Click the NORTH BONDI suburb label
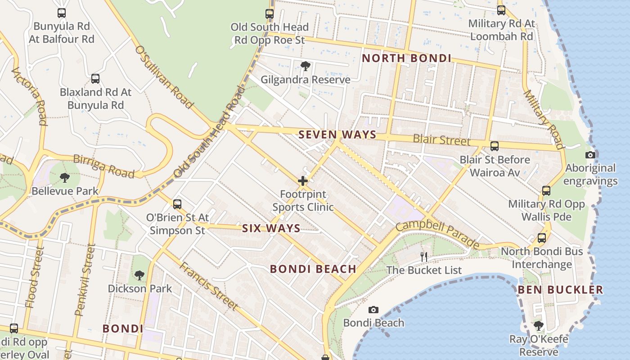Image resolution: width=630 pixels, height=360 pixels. (406, 58)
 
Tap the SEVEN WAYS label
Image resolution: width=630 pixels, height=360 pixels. (337, 135)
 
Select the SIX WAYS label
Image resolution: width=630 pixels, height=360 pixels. (271, 228)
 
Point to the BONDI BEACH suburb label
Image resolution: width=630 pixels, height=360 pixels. (313, 269)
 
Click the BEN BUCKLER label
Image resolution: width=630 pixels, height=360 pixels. (560, 290)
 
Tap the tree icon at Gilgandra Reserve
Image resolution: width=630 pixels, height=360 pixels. (306, 67)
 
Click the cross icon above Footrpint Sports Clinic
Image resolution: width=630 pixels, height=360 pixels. (303, 181)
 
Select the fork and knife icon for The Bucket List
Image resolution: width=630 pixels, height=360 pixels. (423, 257)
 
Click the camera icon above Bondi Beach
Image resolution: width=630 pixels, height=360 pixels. (373, 310)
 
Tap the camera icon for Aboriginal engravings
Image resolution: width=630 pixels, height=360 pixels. (590, 155)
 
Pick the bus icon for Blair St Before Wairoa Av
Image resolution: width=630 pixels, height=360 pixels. (494, 146)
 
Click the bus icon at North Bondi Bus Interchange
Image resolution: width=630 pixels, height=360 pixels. (542, 238)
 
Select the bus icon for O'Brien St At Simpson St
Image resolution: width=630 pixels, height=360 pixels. (177, 204)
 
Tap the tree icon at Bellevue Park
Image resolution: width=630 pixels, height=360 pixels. (65, 178)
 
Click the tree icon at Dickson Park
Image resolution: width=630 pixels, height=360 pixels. (139, 275)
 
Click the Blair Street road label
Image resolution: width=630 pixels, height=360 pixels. (441, 140)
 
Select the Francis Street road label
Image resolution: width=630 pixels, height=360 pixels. (208, 285)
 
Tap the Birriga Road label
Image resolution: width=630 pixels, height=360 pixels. (103, 166)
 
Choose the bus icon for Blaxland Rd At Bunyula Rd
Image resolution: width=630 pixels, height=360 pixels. (95, 79)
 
